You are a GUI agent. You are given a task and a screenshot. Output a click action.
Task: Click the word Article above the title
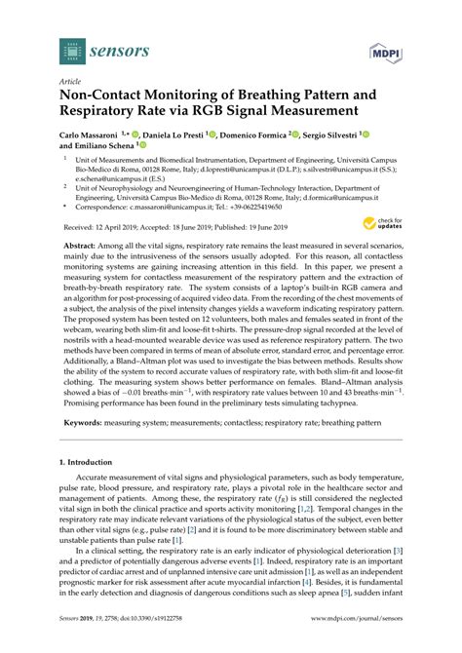pos(70,83)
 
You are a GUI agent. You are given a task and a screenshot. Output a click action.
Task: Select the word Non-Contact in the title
pos(102,96)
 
